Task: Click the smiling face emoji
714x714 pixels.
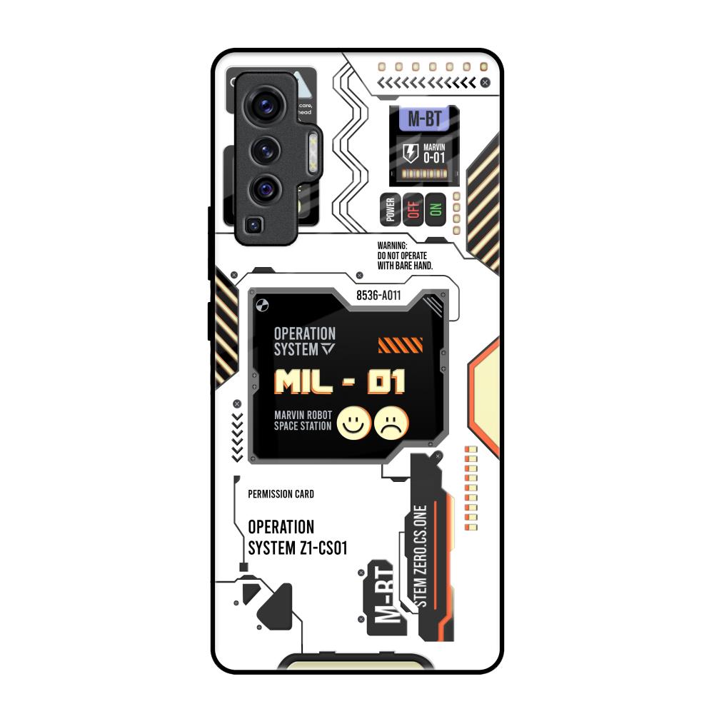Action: tap(353, 423)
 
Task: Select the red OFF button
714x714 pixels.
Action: tap(412, 209)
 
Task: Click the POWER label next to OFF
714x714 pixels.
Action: tap(390, 209)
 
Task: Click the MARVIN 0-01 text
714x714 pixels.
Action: tap(434, 154)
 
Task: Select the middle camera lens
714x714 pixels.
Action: tap(266, 150)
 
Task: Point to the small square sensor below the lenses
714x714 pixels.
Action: tap(253, 226)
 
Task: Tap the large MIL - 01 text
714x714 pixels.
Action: tap(340, 382)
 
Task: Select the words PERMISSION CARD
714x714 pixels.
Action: tap(281, 494)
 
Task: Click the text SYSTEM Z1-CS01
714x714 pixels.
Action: tap(298, 548)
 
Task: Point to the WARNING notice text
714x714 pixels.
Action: tap(405, 255)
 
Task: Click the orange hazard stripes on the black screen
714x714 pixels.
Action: tap(400, 346)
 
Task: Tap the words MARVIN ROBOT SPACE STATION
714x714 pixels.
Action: tap(303, 421)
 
